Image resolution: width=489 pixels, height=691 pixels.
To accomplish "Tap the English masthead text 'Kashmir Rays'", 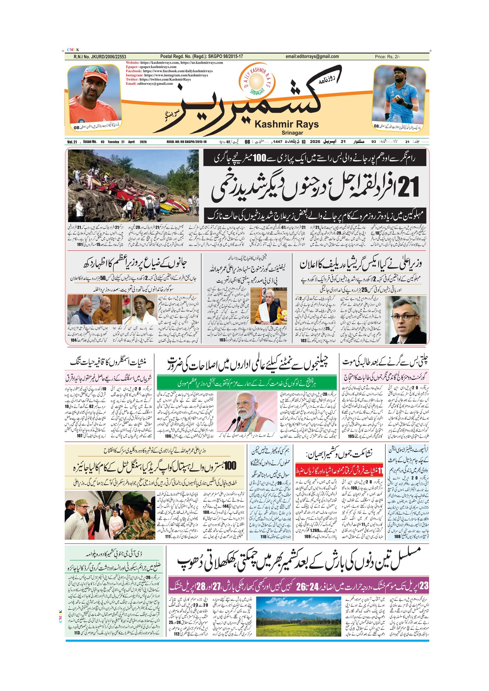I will coord(286,124).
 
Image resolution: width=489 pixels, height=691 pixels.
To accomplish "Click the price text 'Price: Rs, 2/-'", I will coord(387,57).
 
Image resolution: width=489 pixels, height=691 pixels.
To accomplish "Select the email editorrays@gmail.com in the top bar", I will coord(312,57).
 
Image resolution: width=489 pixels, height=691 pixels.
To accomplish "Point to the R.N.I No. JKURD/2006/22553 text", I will coord(100,57).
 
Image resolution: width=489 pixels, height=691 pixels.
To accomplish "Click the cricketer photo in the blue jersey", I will coord(399,94).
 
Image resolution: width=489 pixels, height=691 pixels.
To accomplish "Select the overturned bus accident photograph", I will coord(133,186).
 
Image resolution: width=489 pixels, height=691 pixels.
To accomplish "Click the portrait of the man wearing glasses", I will coord(405,319).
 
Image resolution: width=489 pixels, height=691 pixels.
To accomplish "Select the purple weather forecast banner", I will coord(299,586).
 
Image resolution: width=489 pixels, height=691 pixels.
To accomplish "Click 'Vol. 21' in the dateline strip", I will coord(72,142).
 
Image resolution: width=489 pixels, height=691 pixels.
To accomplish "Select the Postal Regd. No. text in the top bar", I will coord(201,57).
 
